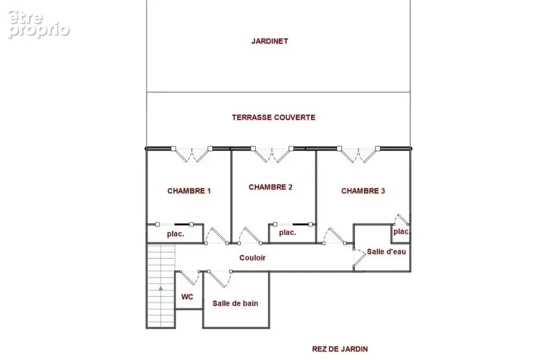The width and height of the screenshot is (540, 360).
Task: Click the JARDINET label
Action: point(270,41)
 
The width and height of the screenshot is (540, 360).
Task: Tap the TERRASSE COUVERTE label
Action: point(274,117)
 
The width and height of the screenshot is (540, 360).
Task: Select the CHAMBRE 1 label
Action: point(189,191)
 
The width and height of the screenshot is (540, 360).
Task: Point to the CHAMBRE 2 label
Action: point(270,187)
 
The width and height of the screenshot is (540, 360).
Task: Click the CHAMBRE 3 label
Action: point(363,191)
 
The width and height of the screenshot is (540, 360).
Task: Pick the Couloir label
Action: point(252,258)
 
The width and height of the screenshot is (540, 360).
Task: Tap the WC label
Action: point(187,297)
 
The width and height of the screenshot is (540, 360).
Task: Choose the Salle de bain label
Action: point(235,303)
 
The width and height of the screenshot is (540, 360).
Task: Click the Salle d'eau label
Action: point(387,252)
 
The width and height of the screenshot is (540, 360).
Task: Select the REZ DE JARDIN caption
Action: point(340,349)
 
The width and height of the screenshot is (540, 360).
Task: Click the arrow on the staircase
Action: point(161,288)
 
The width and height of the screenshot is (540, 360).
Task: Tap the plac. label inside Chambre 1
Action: point(175,234)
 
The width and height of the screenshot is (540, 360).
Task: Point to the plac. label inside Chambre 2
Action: point(288,233)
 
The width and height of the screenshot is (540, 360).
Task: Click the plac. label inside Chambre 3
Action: point(401,232)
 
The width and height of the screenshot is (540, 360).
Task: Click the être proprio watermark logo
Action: point(39,24)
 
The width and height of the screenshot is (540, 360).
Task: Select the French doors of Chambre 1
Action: point(192,154)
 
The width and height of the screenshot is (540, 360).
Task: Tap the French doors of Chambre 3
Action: point(359,154)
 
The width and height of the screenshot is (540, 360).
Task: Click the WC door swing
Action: point(190,278)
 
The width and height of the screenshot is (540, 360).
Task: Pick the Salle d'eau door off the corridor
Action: point(359,258)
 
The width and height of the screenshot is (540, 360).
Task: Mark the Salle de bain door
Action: point(220,279)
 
